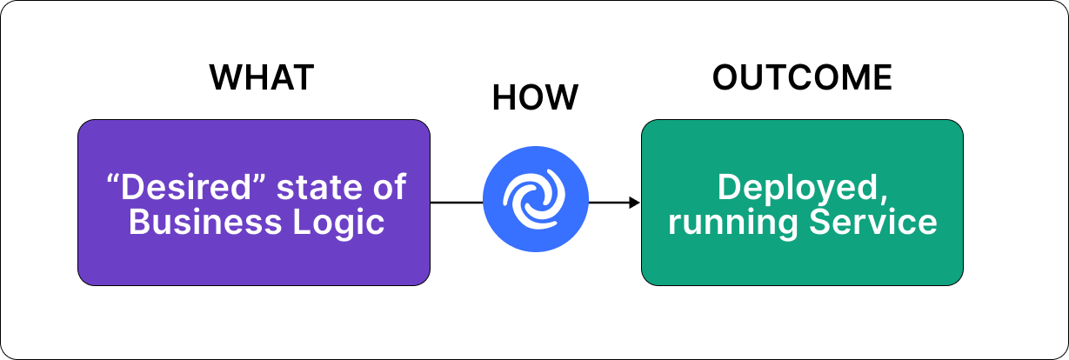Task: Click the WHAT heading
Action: click(x=261, y=78)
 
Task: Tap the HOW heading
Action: click(x=535, y=98)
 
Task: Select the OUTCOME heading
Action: click(x=802, y=78)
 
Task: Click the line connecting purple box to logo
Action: click(x=457, y=203)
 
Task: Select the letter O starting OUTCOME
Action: click(x=725, y=78)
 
